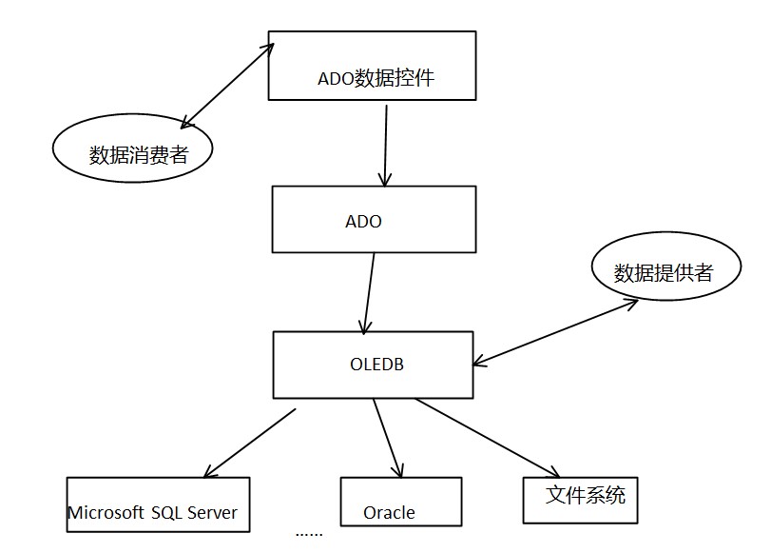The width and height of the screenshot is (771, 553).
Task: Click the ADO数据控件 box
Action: (372, 65)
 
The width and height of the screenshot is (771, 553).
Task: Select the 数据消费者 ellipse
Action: (131, 152)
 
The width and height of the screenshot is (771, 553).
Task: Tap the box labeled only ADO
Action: (373, 219)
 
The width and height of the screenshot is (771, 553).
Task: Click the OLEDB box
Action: (373, 365)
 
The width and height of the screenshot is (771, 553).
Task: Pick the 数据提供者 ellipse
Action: (663, 272)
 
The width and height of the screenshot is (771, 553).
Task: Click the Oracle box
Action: (400, 502)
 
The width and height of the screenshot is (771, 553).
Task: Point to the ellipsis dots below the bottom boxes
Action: (309, 534)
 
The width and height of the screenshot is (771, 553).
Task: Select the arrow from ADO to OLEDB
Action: (368, 291)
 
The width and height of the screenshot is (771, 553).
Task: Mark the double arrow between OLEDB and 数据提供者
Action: (556, 330)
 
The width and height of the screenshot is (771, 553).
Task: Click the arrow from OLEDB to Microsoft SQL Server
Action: (249, 443)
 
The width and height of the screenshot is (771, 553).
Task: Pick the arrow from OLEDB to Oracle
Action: (388, 438)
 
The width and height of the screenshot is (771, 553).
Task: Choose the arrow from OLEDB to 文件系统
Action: (487, 437)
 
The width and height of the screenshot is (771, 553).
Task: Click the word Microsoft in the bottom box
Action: (105, 513)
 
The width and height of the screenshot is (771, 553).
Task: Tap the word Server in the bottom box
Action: (211, 513)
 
